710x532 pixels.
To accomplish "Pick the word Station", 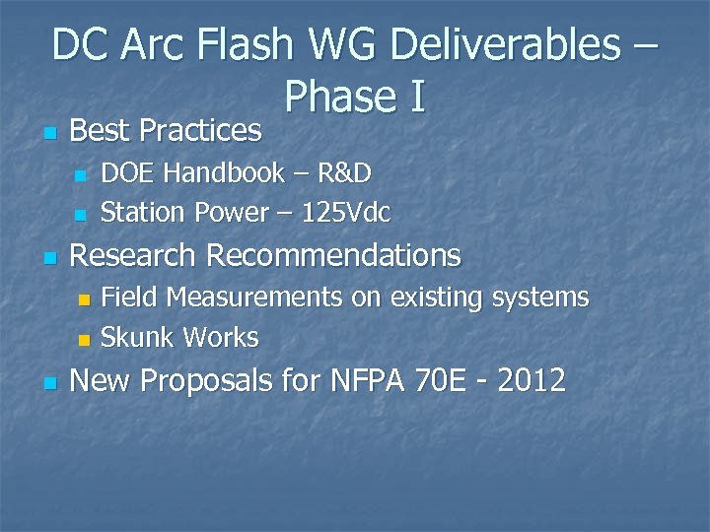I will coord(144,212).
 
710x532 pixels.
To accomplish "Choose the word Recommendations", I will coord(333,256).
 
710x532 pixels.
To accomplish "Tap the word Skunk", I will coord(138,338).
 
